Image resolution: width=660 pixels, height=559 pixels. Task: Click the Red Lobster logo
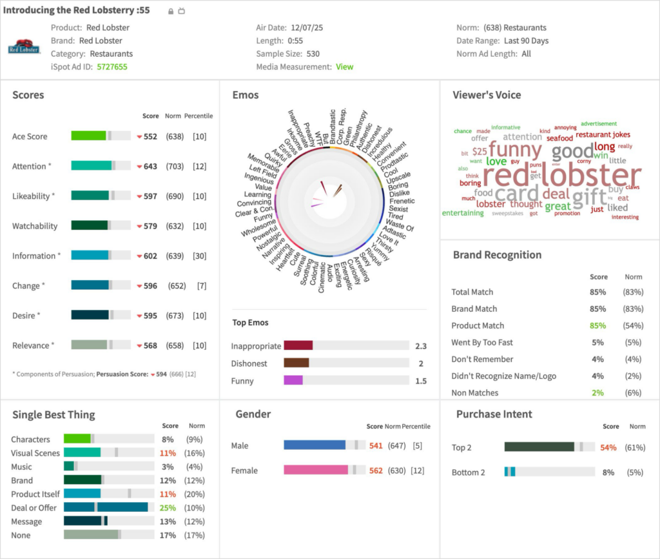(x=24, y=47)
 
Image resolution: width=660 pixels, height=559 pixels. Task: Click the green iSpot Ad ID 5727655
(x=112, y=66)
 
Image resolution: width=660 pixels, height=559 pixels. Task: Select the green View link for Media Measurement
(x=344, y=66)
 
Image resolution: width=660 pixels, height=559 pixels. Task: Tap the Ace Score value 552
(x=150, y=136)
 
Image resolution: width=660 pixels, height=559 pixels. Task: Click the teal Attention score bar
(x=91, y=166)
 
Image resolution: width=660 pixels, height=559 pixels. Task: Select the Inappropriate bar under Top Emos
(x=298, y=346)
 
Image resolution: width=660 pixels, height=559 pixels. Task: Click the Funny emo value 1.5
(x=420, y=381)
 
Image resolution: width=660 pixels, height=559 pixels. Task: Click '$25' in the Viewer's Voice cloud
(x=480, y=151)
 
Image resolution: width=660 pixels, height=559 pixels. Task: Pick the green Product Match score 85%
(x=597, y=325)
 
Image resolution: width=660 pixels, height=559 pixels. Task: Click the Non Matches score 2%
(x=597, y=392)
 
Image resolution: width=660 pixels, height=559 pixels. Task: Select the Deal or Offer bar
(x=106, y=507)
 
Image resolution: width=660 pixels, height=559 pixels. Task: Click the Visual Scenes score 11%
(x=168, y=453)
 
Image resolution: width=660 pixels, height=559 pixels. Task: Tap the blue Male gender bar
(x=315, y=445)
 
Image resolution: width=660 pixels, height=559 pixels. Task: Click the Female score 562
(x=376, y=471)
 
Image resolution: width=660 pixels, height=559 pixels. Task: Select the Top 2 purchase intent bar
(x=539, y=447)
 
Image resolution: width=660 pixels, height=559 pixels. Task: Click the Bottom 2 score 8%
(x=608, y=472)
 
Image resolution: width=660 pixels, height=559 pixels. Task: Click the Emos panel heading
(x=246, y=95)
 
